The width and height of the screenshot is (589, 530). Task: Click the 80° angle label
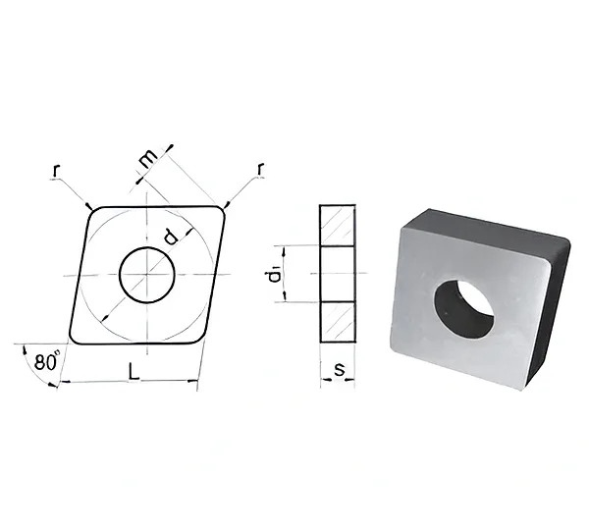click(47, 361)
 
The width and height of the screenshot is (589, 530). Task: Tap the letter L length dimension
click(134, 372)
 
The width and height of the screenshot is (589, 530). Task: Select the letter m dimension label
click(147, 159)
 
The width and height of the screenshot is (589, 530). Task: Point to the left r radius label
click(56, 171)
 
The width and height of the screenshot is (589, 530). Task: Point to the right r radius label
click(260, 169)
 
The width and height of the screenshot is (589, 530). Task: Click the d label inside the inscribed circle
click(170, 237)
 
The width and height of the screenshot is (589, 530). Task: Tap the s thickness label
click(339, 369)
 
